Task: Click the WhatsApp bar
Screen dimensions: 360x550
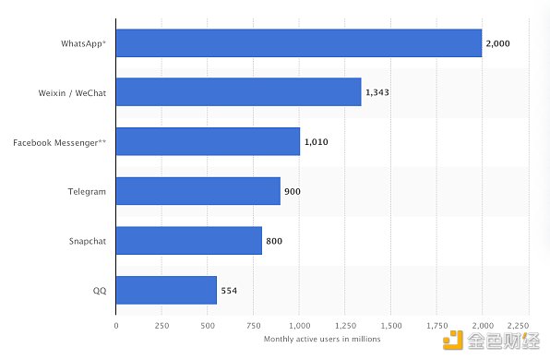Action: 299,43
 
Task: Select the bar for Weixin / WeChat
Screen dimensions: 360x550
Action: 238,92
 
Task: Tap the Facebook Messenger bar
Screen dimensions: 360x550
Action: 208,142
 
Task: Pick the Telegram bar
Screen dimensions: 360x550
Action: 197,191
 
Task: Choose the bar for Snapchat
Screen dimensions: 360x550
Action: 188,241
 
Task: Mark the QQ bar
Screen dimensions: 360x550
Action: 166,290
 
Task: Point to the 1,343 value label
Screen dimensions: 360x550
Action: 378,92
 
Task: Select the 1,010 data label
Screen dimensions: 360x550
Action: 317,142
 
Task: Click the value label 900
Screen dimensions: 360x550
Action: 293,191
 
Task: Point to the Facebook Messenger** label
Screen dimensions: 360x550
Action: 60,142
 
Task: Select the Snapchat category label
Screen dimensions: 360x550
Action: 88,241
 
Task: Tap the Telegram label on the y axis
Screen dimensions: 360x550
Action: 89,191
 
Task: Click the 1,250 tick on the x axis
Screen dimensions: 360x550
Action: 345,326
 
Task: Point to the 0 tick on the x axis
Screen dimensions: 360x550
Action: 116,326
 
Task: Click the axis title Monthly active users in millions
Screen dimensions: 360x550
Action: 322,340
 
